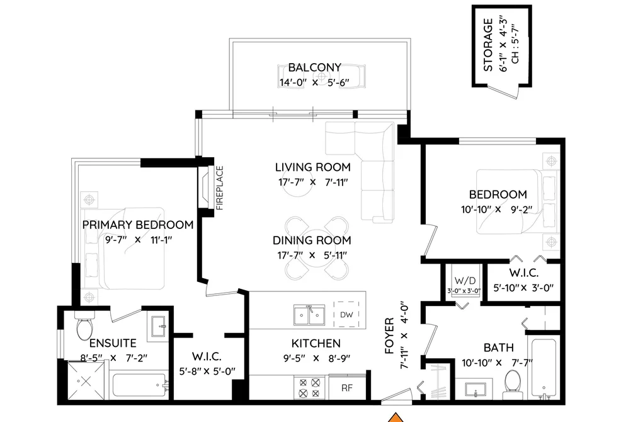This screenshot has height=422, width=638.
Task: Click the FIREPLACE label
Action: [x=220, y=188]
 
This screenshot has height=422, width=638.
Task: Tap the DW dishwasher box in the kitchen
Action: [x=346, y=315]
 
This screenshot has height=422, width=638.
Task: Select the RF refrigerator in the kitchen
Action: [x=347, y=387]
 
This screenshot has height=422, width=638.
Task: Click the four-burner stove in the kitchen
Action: [x=309, y=388]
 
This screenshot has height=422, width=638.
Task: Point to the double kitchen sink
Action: [x=309, y=315]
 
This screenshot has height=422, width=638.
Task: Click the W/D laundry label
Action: [x=465, y=281]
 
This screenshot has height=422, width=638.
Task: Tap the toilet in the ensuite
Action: [x=84, y=326]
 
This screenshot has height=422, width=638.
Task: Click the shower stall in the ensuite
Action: [x=86, y=381]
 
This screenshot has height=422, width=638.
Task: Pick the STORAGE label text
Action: [x=488, y=45]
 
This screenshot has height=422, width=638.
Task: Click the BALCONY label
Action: [x=314, y=67]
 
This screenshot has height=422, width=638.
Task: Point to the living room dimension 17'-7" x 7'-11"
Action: [x=313, y=182]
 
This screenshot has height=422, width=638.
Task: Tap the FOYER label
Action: [x=389, y=336]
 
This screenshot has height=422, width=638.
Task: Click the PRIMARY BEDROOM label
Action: [x=138, y=225]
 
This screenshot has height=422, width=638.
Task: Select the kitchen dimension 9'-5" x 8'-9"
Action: [x=316, y=358]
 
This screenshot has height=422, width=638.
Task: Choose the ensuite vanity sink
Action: [x=159, y=326]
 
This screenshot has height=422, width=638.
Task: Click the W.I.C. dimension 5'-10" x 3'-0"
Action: [x=523, y=288]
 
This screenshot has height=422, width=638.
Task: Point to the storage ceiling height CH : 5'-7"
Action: [x=515, y=45]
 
